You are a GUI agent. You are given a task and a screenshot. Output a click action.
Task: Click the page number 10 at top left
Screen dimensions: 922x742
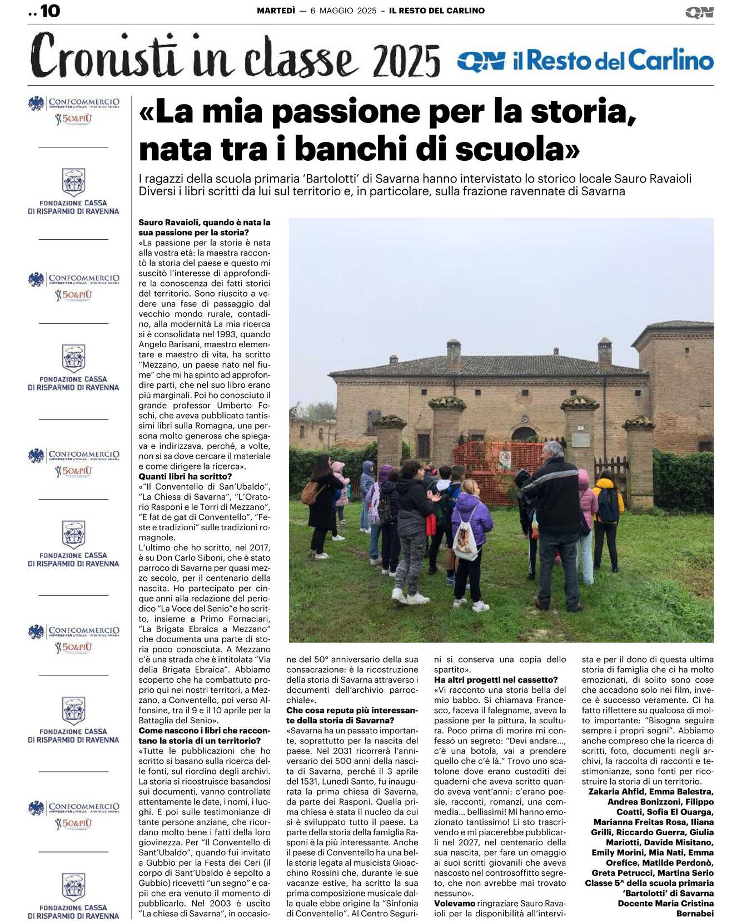(x=50, y=11)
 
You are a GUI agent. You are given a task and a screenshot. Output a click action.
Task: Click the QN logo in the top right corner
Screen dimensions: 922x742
(x=699, y=12)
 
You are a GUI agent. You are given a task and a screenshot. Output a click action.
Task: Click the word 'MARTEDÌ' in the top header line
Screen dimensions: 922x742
(x=276, y=11)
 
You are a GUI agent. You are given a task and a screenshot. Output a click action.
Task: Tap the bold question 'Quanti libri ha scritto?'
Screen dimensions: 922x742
(x=185, y=476)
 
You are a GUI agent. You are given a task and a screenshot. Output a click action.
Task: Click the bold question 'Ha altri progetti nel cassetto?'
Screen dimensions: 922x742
(x=496, y=679)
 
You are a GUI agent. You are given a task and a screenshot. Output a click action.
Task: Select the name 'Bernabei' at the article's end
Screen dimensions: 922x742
(x=695, y=913)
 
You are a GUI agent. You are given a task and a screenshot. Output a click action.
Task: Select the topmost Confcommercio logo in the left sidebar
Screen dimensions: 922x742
(x=73, y=103)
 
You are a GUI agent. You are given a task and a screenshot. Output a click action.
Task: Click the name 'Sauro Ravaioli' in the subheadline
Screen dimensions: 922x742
(x=653, y=179)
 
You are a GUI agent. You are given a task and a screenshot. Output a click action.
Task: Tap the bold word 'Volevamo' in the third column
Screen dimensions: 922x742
(x=454, y=903)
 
